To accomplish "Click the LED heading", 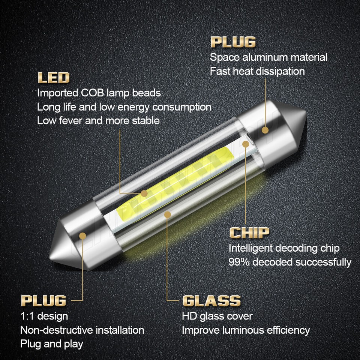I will click(54, 78).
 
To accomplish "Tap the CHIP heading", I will click(249, 233).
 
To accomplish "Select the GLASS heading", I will click(211, 301).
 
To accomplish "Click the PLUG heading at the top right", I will click(233, 42).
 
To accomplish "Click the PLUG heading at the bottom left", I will click(43, 300).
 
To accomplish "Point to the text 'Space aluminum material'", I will click(268, 57).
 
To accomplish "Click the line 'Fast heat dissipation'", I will click(257, 71).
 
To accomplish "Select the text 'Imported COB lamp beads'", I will click(99, 93).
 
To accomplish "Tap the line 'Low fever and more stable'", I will click(98, 120).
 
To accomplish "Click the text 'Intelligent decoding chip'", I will click(284, 248).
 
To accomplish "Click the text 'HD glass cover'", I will click(217, 316).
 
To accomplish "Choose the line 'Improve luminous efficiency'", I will click(246, 330).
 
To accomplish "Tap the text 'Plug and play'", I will click(52, 343).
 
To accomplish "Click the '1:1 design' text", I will click(44, 316).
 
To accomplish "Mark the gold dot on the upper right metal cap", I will click(265, 130).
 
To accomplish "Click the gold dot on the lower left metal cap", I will click(83, 235).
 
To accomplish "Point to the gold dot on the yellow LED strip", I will click(144, 193).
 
